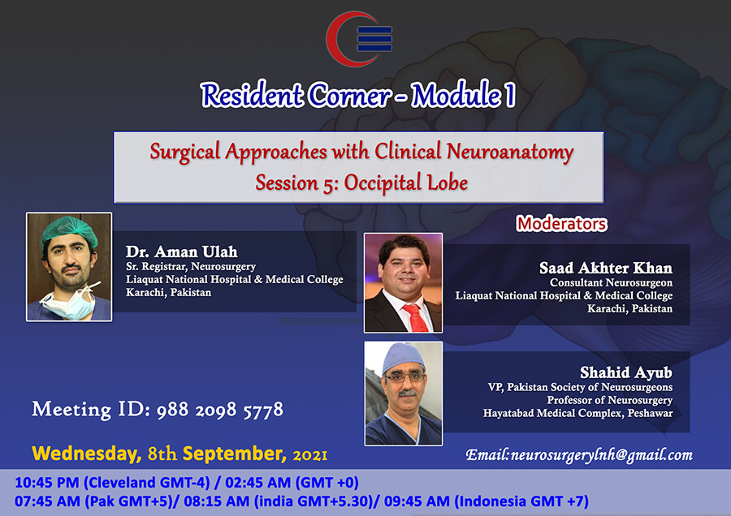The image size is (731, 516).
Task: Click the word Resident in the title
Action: [253, 95]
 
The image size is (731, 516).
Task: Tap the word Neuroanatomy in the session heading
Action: [510, 153]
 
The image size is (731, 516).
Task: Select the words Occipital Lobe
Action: [406, 183]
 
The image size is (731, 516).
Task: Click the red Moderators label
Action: [562, 224]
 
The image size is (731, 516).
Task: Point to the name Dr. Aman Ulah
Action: [182, 252]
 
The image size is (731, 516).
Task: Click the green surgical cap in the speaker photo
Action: [69, 229]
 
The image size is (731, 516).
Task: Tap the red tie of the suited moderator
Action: [416, 317]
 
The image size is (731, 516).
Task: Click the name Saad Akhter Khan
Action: [606, 268]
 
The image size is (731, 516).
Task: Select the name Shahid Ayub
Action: [626, 372]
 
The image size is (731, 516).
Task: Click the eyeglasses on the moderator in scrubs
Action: [404, 376]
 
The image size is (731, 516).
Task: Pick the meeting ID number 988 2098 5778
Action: [219, 410]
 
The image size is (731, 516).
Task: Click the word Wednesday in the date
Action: [86, 454]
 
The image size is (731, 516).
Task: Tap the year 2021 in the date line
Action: [310, 454]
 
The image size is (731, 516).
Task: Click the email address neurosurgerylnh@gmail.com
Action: [602, 455]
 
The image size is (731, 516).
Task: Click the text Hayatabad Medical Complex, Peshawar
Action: [577, 413]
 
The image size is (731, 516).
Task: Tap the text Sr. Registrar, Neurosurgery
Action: [191, 266]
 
